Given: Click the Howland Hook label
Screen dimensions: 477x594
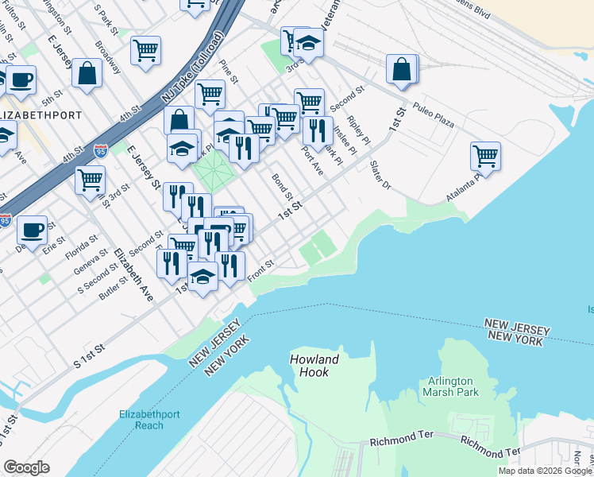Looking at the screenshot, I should [x=314, y=366].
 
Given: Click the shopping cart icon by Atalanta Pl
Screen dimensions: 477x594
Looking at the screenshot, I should [x=485, y=156].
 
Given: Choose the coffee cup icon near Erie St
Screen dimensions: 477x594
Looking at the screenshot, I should [x=32, y=230].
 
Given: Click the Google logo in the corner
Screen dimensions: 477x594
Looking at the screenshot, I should [x=27, y=467].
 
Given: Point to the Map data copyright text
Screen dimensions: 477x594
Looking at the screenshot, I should [x=545, y=471].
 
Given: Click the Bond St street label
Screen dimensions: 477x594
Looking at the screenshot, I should [x=283, y=188].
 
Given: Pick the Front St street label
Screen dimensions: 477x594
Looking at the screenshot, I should [x=260, y=271].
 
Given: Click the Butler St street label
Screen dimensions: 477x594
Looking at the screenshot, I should [x=114, y=284].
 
